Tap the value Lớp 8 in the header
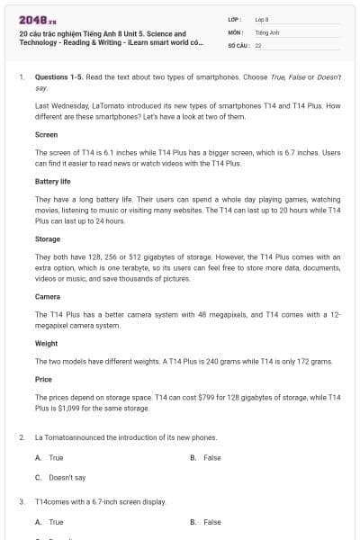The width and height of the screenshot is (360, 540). (262, 19)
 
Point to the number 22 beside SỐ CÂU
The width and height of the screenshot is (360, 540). (258, 44)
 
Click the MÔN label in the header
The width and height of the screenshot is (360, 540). (235, 31)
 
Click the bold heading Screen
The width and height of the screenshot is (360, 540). (46, 134)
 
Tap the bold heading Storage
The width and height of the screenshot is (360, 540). (48, 240)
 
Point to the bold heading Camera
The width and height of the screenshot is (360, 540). (48, 296)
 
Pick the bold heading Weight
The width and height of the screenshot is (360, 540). (47, 343)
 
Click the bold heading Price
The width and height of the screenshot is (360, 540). (43, 380)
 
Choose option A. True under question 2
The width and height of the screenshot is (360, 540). (49, 457)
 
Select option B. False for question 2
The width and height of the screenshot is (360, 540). (206, 457)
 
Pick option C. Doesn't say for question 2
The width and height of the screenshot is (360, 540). (60, 477)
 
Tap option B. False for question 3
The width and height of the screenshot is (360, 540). (206, 522)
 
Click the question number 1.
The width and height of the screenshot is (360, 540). (21, 78)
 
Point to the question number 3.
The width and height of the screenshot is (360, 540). (21, 501)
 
